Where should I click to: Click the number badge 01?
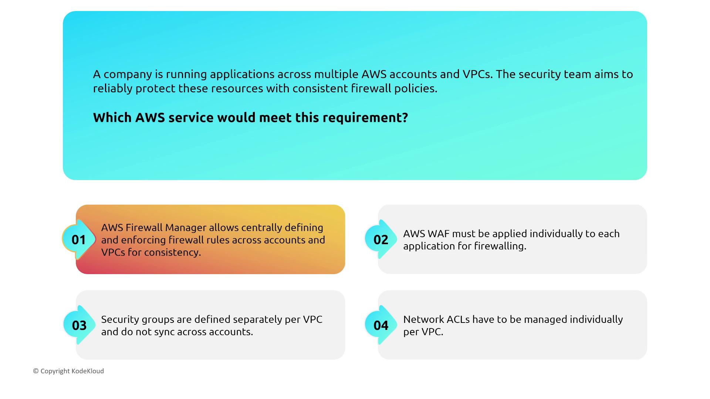79,240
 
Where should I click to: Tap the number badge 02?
381,240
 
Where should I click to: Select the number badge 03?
79,325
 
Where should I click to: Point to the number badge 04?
381,325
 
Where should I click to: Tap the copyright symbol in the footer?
36,371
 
